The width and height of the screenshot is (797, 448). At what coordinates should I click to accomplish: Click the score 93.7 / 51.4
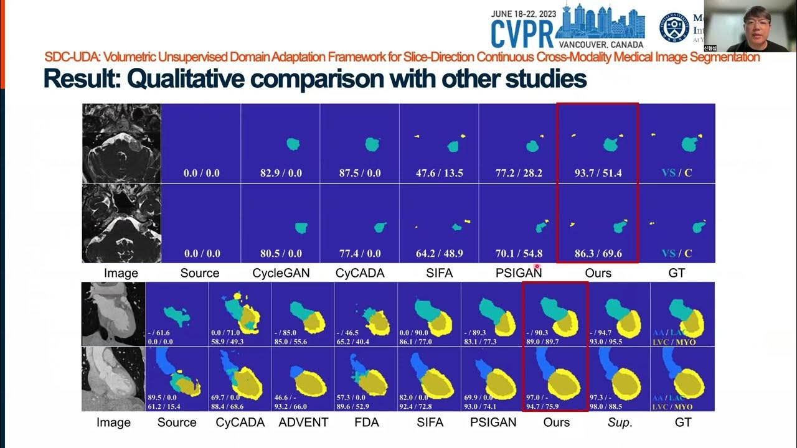coord(597,173)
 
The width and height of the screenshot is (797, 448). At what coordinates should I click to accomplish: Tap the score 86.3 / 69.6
coord(597,254)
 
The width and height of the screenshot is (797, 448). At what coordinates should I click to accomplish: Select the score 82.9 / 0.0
coord(281,173)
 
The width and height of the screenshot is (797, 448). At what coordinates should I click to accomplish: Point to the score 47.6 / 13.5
coord(440,173)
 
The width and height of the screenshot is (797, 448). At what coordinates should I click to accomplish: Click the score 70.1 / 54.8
coord(519,254)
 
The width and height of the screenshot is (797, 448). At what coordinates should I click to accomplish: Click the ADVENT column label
coord(304,422)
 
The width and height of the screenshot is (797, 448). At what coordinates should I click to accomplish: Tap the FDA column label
coord(367,422)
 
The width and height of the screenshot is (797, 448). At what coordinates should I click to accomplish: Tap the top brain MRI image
coord(121,143)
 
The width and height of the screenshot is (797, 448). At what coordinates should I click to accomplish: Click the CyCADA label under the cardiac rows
coord(240,422)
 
